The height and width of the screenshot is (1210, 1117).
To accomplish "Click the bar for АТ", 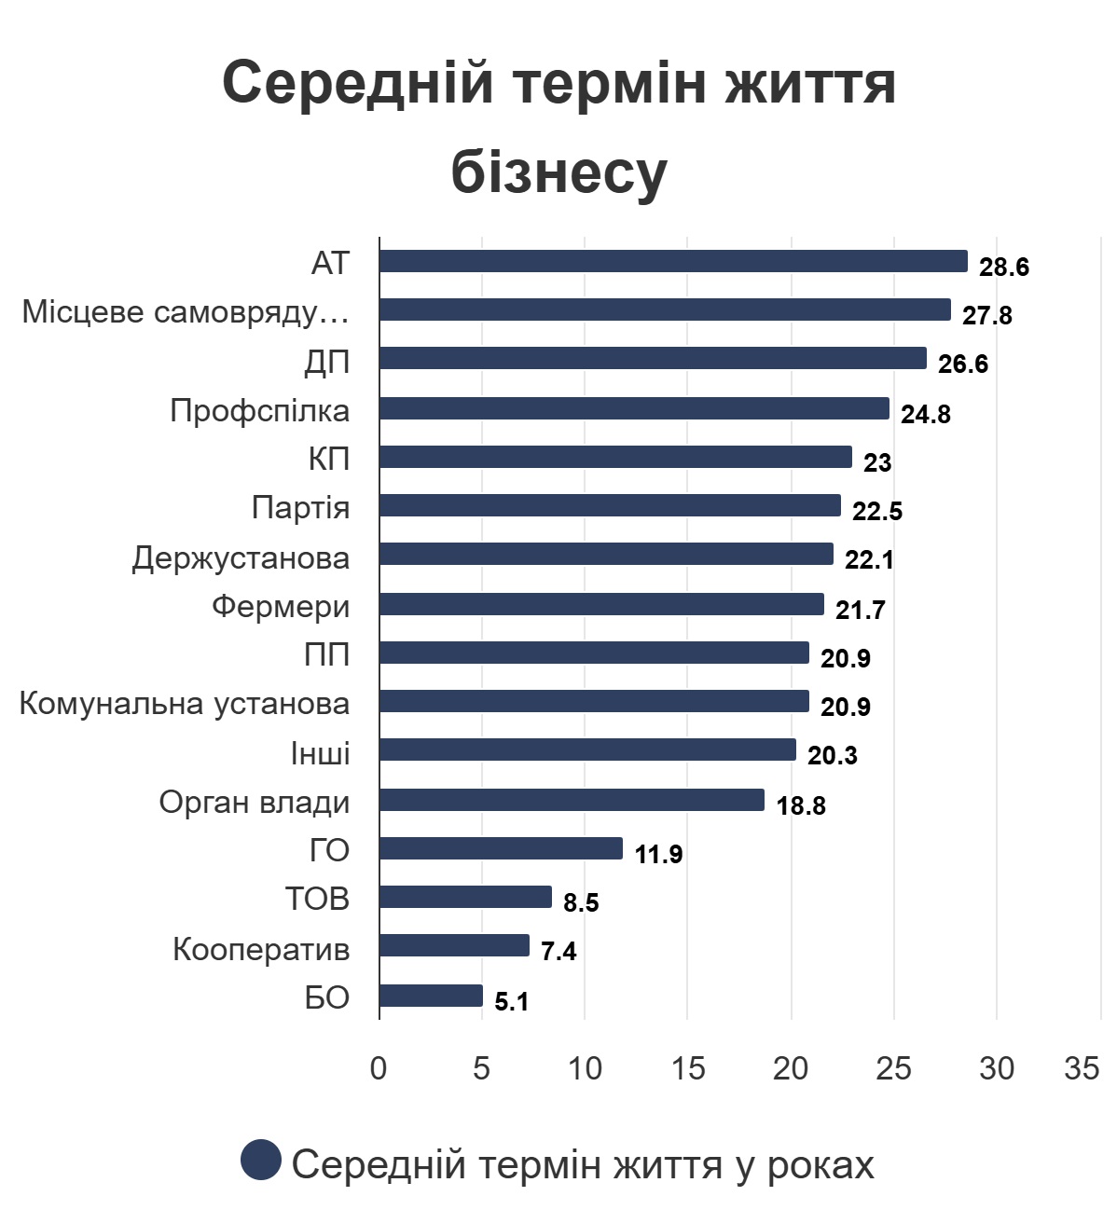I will (x=673, y=261).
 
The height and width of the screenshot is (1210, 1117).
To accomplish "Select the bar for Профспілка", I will (x=634, y=408).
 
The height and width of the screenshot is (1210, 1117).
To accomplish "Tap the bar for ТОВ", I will (x=465, y=897).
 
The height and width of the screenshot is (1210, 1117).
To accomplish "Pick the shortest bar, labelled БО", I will (x=431, y=996).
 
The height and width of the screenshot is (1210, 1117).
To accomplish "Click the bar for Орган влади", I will (x=572, y=800).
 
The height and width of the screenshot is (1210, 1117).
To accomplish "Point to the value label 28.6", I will (x=1004, y=268).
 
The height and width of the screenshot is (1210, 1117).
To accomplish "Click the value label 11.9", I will (x=658, y=854).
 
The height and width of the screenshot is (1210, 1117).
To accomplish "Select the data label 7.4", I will (x=558, y=952).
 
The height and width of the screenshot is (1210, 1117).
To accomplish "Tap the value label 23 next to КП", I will (x=877, y=463).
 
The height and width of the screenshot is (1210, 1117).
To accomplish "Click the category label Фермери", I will (x=281, y=607).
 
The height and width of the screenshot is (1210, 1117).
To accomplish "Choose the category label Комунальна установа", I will (x=185, y=704).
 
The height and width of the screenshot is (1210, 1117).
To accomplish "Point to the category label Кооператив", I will (x=261, y=949).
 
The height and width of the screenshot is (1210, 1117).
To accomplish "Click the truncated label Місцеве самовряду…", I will (x=186, y=312).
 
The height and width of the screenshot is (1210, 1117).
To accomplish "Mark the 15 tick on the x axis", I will (x=688, y=1068).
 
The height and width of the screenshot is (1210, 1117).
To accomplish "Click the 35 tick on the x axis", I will (x=1082, y=1068).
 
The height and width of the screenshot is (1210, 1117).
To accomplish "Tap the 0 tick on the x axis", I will (x=379, y=1068).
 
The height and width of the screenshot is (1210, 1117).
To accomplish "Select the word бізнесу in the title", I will (x=558, y=172).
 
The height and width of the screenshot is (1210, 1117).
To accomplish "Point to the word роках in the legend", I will (x=821, y=1165).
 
